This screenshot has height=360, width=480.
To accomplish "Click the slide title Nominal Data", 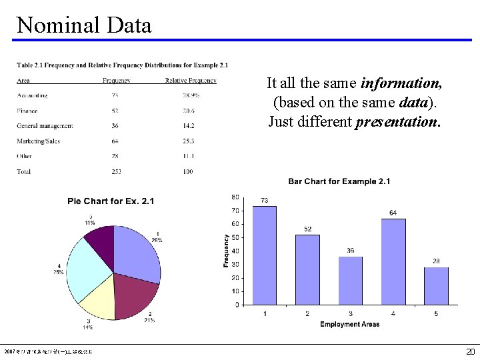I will pyautogui.click(x=84, y=25).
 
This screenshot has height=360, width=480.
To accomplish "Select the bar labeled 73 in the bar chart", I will pyautogui.click(x=264, y=255).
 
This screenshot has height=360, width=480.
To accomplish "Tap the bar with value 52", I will pyautogui.click(x=307, y=269).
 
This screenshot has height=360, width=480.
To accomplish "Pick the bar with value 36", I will pyautogui.click(x=350, y=280).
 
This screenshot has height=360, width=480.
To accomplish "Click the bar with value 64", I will pyautogui.click(x=393, y=261).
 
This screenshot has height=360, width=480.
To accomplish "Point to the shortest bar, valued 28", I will pyautogui.click(x=436, y=286).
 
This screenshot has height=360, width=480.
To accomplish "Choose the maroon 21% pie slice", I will pyautogui.click(x=135, y=293).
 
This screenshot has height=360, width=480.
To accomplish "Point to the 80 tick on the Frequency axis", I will pyautogui.click(x=235, y=197).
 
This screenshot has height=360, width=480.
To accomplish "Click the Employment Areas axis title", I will pyautogui.click(x=349, y=324).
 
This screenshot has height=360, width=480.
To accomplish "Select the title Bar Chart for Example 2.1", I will pyautogui.click(x=339, y=181).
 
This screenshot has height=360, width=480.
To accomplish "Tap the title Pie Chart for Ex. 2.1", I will pyautogui.click(x=111, y=201).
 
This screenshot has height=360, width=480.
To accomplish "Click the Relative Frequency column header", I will pyautogui.click(x=191, y=81).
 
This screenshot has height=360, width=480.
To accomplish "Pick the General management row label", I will pyautogui.click(x=45, y=126).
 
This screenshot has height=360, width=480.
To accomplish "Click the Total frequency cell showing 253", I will pyautogui.click(x=117, y=171).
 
